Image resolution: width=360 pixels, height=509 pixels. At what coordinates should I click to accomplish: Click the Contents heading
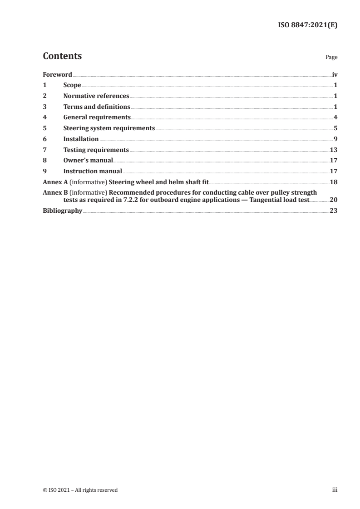(62, 56)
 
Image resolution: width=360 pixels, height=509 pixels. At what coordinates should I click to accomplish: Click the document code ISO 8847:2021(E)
(307, 25)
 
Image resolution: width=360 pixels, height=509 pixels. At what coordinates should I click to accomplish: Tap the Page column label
(331, 58)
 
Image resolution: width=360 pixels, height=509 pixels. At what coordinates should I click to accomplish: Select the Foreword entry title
(57, 74)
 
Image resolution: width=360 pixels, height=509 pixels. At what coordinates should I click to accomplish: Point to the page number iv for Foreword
(334, 74)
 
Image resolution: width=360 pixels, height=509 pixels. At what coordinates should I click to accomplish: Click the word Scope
(72, 85)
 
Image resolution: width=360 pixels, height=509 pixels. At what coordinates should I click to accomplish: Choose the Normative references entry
(96, 96)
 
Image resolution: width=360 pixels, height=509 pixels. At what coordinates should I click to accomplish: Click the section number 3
(44, 107)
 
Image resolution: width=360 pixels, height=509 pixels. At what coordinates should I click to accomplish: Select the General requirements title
(97, 117)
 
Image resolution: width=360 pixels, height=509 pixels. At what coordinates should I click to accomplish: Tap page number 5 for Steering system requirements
(335, 128)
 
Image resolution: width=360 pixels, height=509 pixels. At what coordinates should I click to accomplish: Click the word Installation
(81, 139)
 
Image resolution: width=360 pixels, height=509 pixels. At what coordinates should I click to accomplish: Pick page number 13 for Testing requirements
(334, 150)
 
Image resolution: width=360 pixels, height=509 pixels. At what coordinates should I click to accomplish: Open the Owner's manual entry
(88, 161)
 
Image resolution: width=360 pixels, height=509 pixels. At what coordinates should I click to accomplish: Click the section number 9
(44, 171)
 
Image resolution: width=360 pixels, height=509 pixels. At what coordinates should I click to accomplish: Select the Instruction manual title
(93, 171)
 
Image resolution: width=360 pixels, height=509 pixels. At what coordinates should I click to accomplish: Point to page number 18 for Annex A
(334, 182)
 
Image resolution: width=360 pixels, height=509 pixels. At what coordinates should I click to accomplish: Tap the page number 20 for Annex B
(334, 200)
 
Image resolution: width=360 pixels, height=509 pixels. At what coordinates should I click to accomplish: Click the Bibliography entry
(62, 210)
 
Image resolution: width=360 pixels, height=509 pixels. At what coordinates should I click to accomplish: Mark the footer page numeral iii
(335, 490)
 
